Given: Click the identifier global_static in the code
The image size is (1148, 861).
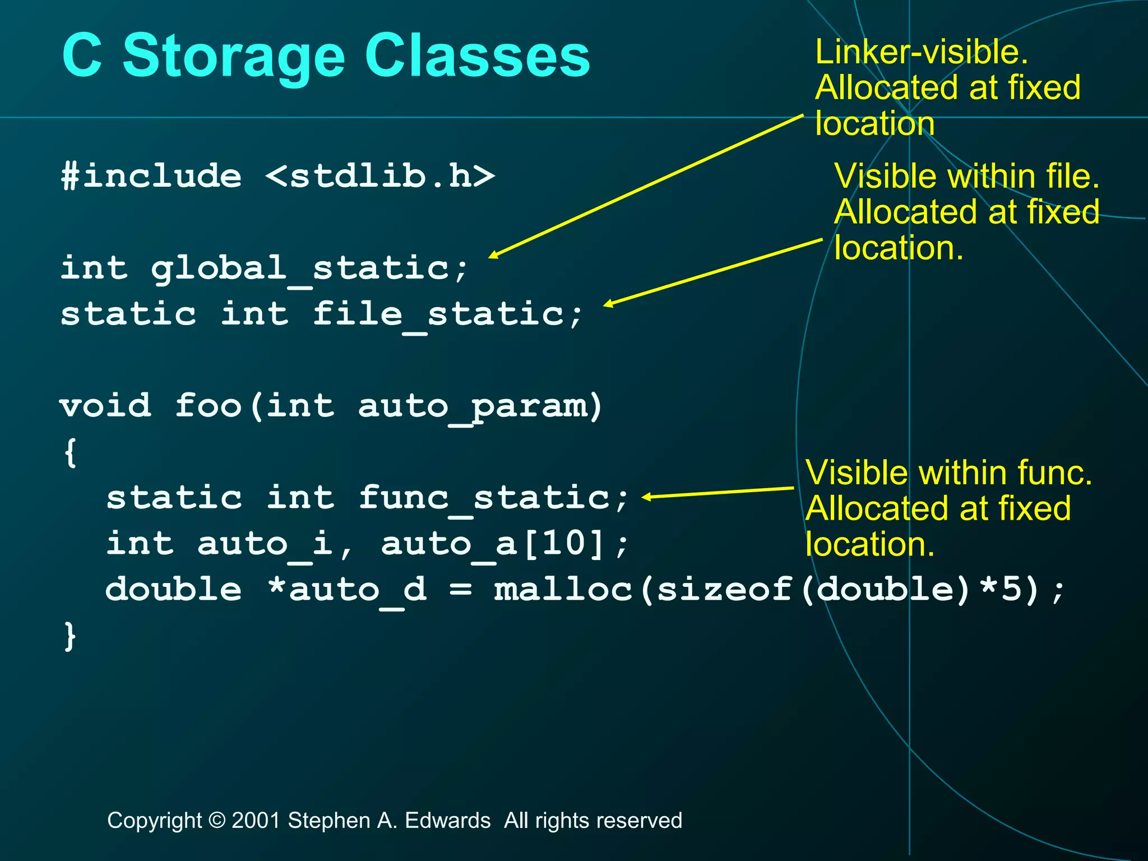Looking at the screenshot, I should pyautogui.click(x=300, y=269).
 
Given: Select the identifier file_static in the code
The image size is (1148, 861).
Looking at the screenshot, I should pyautogui.click(x=438, y=314).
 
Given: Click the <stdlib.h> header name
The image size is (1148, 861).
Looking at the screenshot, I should pyautogui.click(x=380, y=176).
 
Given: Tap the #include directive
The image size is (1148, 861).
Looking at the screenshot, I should pyautogui.click(x=151, y=176).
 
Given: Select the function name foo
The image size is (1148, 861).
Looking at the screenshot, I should pyautogui.click(x=208, y=405).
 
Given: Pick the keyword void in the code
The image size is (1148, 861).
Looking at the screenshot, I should pyautogui.click(x=105, y=405).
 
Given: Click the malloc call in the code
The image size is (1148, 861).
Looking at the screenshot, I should pyautogui.click(x=563, y=590).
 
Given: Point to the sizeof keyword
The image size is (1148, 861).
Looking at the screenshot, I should pyautogui.click(x=724, y=590).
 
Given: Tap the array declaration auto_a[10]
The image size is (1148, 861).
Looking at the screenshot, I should pyautogui.click(x=493, y=544).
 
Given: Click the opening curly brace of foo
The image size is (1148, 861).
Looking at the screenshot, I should pyautogui.click(x=70, y=452).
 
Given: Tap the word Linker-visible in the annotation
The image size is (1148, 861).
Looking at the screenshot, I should pyautogui.click(x=921, y=52).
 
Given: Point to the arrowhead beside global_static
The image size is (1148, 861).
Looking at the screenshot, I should pyautogui.click(x=493, y=255).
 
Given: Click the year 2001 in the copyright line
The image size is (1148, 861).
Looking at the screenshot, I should pyautogui.click(x=256, y=821).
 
